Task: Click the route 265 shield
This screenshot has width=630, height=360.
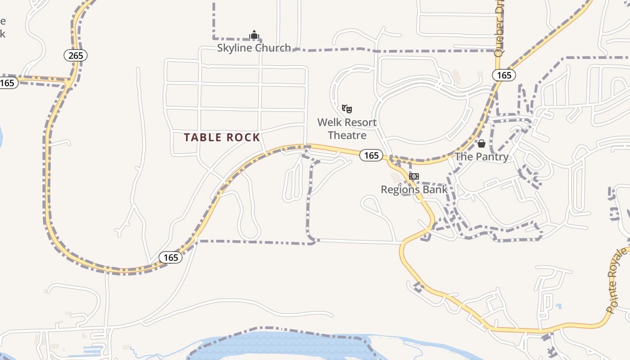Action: tap(76, 55)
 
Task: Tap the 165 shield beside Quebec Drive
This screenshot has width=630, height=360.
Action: tap(504, 75)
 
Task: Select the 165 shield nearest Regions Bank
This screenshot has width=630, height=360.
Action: tap(371, 155)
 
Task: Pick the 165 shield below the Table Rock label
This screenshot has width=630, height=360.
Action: tap(171, 257)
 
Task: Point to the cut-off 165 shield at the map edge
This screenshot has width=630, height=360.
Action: tap(8, 83)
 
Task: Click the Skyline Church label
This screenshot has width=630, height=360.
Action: tap(254, 48)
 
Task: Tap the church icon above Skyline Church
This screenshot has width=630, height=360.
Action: tap(254, 35)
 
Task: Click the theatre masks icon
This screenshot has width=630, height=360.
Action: tap(346, 108)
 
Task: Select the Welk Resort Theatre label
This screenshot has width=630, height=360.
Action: tap(347, 129)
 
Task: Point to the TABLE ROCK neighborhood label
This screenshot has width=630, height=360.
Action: tap(222, 138)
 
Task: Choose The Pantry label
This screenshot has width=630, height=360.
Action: tap(481, 157)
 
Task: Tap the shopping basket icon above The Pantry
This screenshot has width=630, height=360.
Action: tap(481, 144)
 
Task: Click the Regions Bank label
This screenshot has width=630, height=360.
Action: tap(414, 189)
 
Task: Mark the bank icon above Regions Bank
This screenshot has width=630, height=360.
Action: tap(414, 176)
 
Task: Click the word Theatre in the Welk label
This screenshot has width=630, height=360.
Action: tap(347, 135)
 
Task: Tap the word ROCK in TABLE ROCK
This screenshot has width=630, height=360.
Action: tap(243, 138)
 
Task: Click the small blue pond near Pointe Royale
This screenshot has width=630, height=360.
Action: tap(558, 307)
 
